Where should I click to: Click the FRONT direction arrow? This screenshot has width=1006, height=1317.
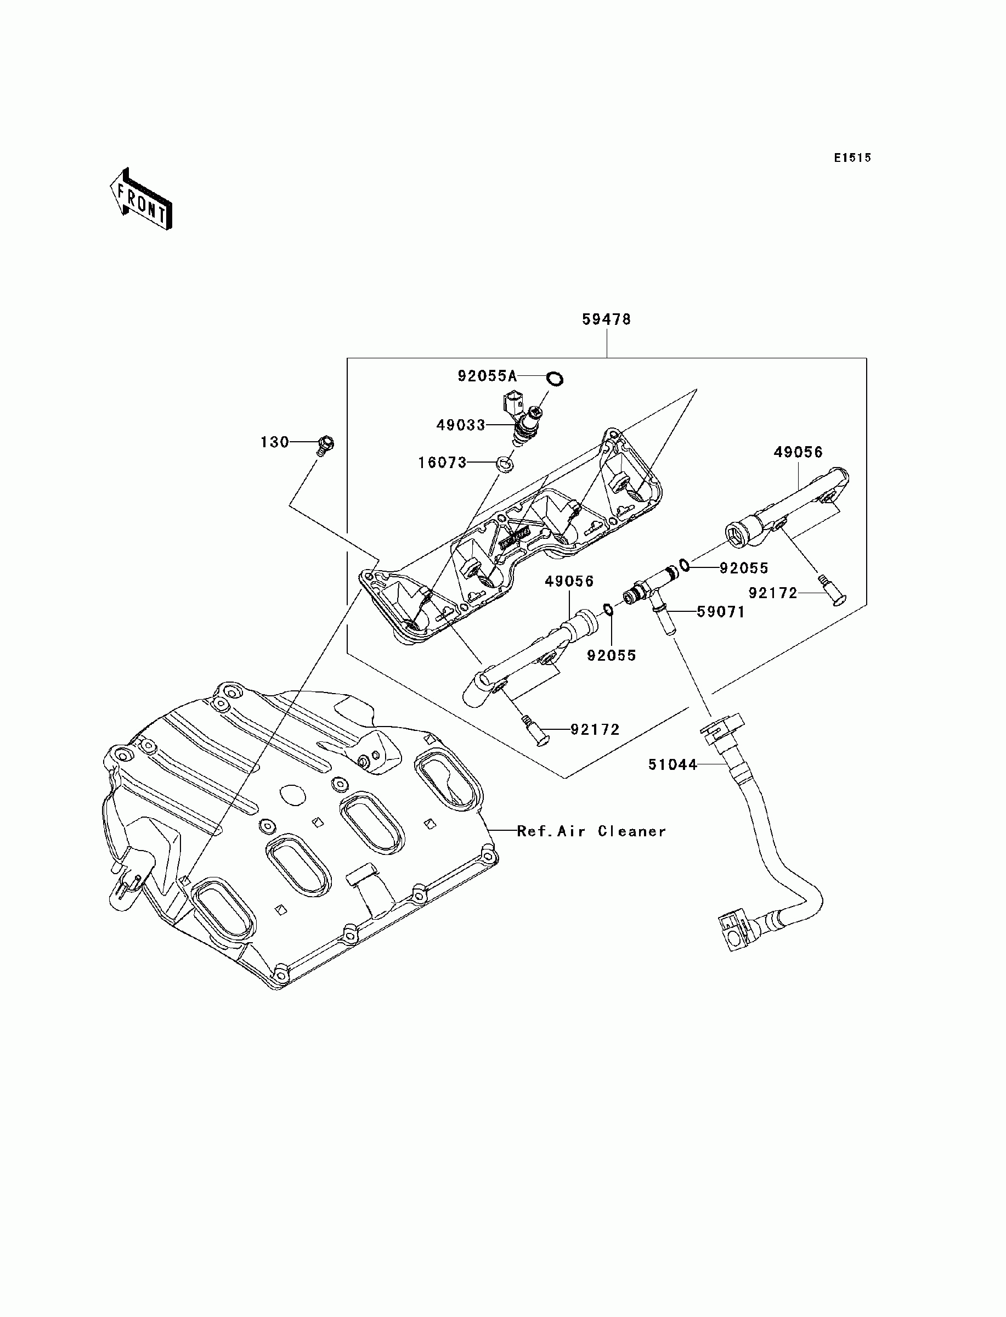tap(142, 199)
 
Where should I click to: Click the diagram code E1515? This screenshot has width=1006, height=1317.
tap(854, 158)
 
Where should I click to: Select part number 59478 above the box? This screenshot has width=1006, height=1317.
tap(607, 319)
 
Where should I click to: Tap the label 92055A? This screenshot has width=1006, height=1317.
tap(487, 376)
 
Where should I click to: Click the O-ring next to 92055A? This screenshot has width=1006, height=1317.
tap(555, 379)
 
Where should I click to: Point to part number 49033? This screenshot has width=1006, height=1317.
tap(460, 425)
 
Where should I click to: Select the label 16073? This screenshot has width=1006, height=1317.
tap(442, 463)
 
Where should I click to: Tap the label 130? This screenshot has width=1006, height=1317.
tap(274, 442)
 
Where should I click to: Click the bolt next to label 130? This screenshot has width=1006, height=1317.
tap(325, 446)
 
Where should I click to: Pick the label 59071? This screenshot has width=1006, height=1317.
tap(721, 612)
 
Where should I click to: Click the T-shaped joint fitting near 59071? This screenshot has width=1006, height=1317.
tap(651, 592)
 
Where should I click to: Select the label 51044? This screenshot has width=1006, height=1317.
tap(673, 765)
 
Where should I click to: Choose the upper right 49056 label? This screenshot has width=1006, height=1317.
tap(798, 452)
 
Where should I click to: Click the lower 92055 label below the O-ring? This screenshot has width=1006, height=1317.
tap(612, 655)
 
